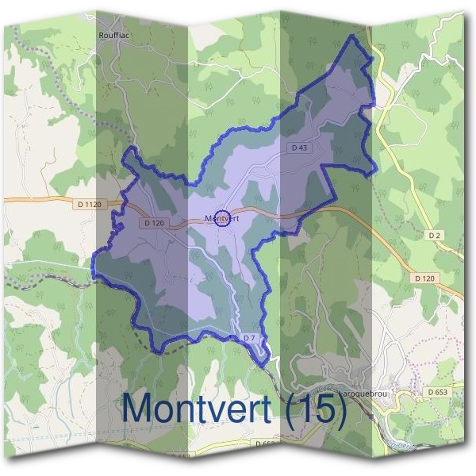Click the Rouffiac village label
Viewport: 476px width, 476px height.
(113, 35)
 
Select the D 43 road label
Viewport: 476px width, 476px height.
(299, 148)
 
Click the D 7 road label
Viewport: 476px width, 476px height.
(250, 339)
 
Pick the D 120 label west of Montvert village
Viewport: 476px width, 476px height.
(155, 224)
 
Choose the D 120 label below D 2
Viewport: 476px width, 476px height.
(425, 278)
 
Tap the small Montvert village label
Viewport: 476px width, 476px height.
(222, 218)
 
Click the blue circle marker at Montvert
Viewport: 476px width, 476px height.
(223, 218)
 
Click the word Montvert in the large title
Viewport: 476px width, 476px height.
(202, 408)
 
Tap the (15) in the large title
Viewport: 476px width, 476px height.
(318, 409)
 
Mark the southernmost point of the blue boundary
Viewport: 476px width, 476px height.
(267, 366)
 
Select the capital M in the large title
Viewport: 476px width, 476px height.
(140, 408)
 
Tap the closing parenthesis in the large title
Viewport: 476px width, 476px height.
(342, 409)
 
